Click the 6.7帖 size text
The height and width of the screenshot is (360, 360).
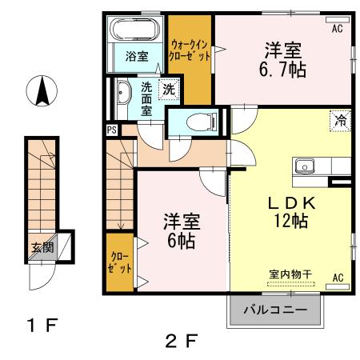coord(283,70)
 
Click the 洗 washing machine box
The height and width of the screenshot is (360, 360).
coord(168,90)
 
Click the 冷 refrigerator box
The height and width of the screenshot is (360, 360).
coord(341,122)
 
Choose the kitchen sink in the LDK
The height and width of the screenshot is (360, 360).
coord(305,166)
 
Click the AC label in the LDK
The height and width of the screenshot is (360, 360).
coord(338,277)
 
